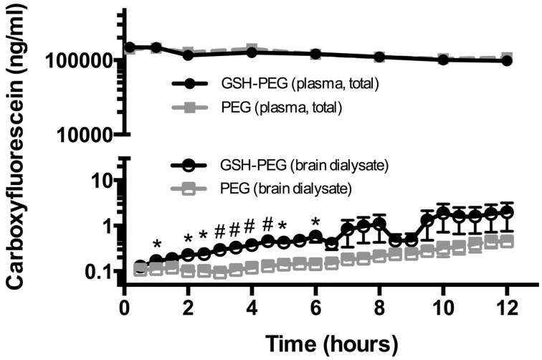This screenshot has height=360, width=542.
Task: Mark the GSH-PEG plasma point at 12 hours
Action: (508, 61)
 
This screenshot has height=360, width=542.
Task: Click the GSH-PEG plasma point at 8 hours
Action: (380, 57)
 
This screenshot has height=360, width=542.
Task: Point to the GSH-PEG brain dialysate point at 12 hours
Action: (508, 212)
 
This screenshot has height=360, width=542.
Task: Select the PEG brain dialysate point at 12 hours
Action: (508, 241)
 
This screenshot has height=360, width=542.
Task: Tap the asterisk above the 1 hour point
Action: (157, 245)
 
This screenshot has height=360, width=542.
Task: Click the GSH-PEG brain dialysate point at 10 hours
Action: (444, 213)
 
